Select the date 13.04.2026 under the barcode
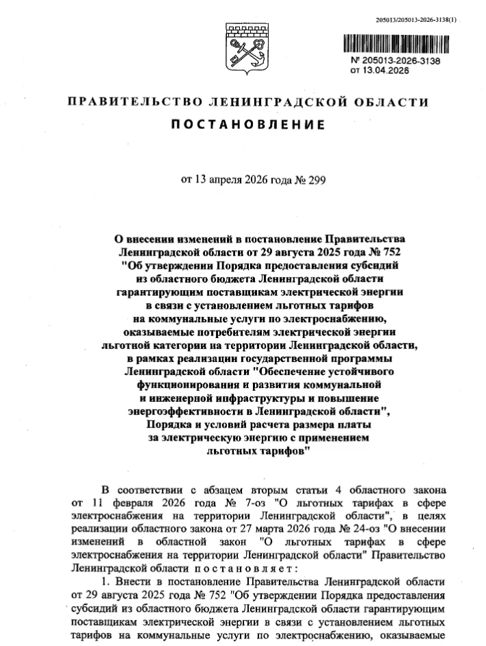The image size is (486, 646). (x=382, y=70)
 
